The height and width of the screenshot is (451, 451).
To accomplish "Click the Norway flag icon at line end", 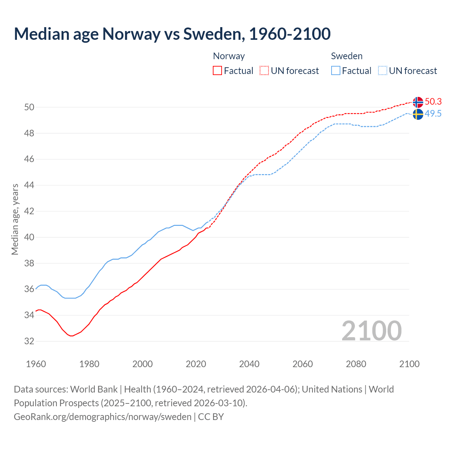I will [418, 102].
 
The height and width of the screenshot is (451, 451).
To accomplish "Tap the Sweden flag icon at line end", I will [418, 114].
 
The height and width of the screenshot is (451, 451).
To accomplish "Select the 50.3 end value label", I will [433, 101].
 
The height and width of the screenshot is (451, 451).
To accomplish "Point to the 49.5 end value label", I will [433, 113].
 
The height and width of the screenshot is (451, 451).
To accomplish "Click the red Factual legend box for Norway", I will [217, 70].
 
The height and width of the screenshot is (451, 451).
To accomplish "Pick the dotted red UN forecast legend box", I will [264, 70].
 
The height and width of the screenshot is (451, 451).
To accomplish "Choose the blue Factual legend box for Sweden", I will [336, 70].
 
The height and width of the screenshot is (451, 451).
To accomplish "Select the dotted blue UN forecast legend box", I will [383, 70].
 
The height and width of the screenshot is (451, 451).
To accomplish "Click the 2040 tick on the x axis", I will [249, 364].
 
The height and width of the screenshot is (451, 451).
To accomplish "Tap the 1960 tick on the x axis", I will [36, 364].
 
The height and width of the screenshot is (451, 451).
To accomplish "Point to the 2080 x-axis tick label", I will [356, 364].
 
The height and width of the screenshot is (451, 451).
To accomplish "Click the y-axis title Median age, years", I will [15, 219].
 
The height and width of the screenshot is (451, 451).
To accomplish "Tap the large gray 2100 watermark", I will [372, 330].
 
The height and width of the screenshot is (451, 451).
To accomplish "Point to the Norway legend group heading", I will [229, 56].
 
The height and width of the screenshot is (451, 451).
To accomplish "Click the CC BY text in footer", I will [211, 417].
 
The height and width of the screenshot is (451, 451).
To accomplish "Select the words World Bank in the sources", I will [94, 389].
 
